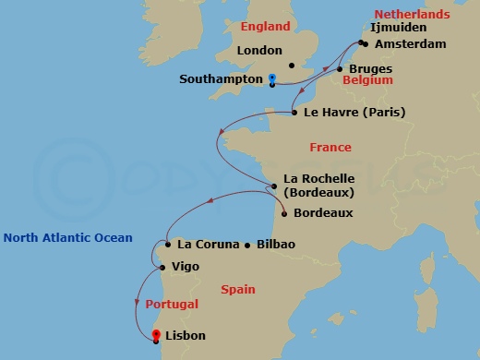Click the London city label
[259, 51]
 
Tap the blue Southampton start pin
[272, 79]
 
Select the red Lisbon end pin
[156, 335]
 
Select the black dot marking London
[292, 66]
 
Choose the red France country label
[330, 147]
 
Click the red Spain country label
[239, 289]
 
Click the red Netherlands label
[412, 14]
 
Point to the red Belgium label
[367, 80]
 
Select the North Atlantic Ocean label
[67, 237]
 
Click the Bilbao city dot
[247, 246]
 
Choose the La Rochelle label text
[319, 178]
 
